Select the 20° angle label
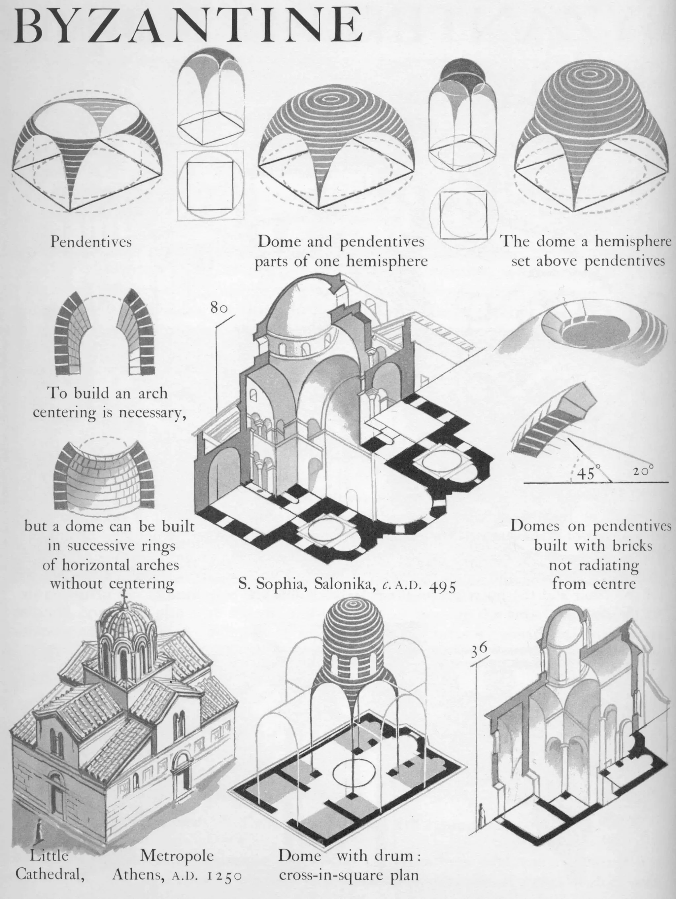click(x=643, y=471)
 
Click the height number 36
click(x=479, y=649)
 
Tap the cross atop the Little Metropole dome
click(x=125, y=597)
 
